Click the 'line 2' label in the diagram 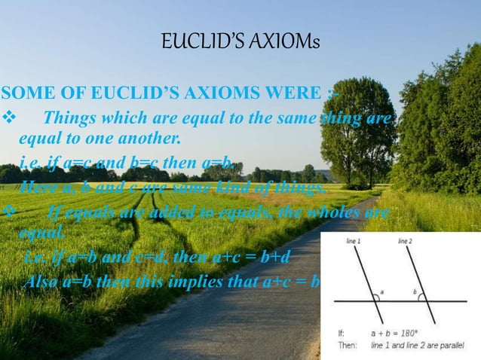click(405, 241)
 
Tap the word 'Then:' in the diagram click(348, 345)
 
